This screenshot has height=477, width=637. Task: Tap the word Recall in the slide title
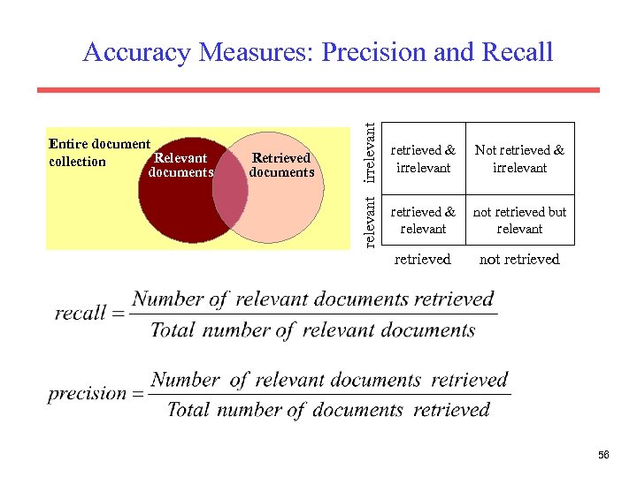[518, 53]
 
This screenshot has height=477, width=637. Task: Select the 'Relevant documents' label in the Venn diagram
[180, 165]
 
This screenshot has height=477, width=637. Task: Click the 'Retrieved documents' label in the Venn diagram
[281, 165]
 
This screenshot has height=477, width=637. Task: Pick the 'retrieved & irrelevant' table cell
[423, 159]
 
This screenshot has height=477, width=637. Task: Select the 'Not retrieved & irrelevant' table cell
[519, 159]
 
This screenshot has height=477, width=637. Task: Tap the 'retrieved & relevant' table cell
[423, 220]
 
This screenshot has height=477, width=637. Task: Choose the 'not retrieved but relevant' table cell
[519, 220]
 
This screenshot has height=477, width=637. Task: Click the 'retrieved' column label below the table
[423, 259]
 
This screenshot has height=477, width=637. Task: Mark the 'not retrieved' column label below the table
[519, 259]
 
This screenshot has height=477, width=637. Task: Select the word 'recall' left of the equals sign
[80, 314]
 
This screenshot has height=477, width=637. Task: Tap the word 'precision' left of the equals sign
[87, 394]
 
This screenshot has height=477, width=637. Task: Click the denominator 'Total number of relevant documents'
[313, 330]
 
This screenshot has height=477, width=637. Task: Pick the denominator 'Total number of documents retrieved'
[327, 410]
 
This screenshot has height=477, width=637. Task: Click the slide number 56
[603, 454]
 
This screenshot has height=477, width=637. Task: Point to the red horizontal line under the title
[318, 90]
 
